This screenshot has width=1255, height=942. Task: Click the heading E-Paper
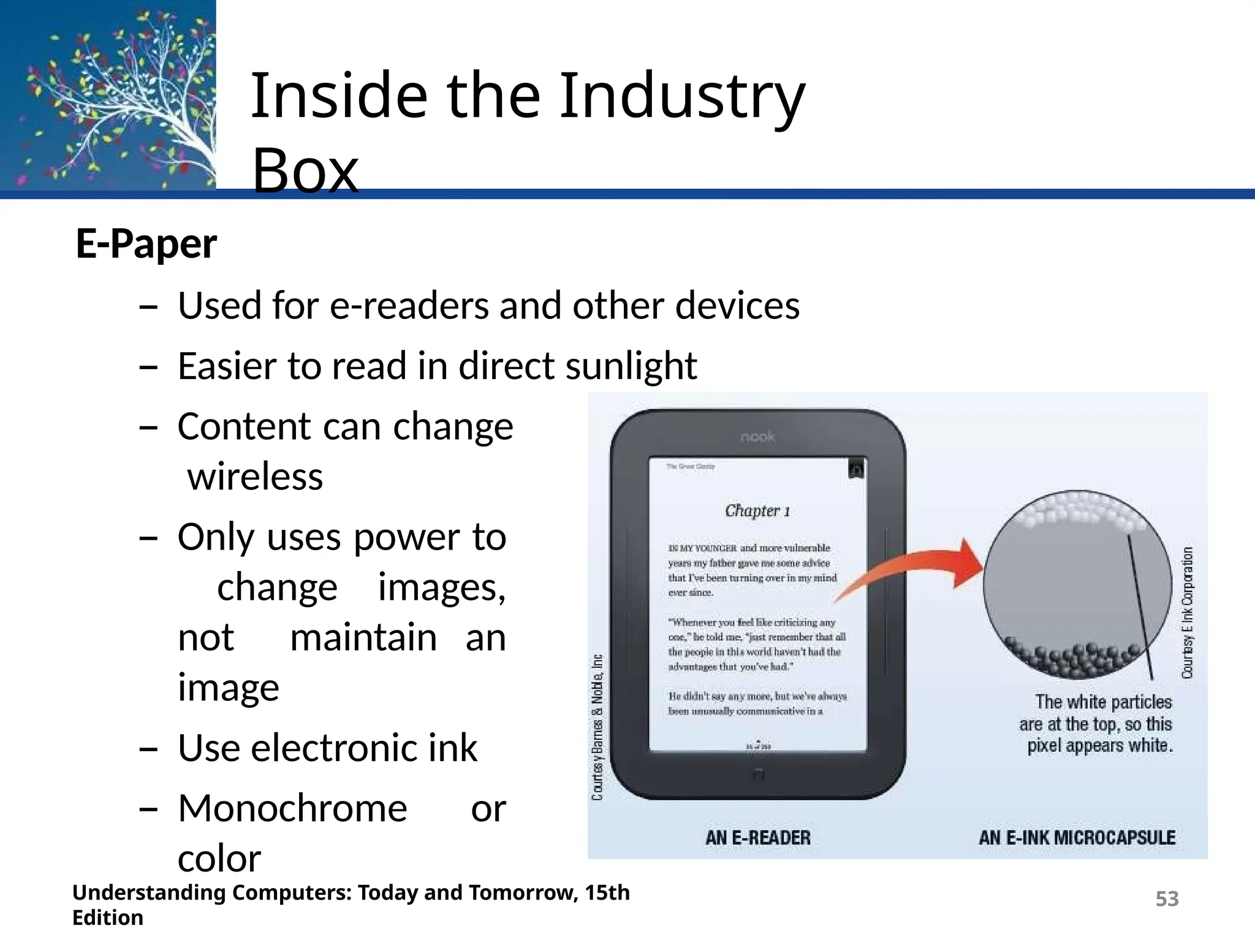click(x=146, y=243)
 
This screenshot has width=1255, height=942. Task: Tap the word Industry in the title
click(x=681, y=96)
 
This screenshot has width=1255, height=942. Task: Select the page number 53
click(x=1167, y=898)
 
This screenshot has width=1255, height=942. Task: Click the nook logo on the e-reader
click(x=757, y=437)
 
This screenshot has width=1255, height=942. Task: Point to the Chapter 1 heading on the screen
click(x=757, y=510)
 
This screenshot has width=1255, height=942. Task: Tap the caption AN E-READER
click(x=757, y=838)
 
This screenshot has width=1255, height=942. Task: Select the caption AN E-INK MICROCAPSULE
click(x=1077, y=838)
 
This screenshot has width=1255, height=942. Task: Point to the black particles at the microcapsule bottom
click(x=1079, y=659)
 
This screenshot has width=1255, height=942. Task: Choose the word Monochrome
click(x=292, y=808)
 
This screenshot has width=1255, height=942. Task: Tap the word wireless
click(x=255, y=477)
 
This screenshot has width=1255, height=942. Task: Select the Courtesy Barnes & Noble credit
click(x=597, y=727)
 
